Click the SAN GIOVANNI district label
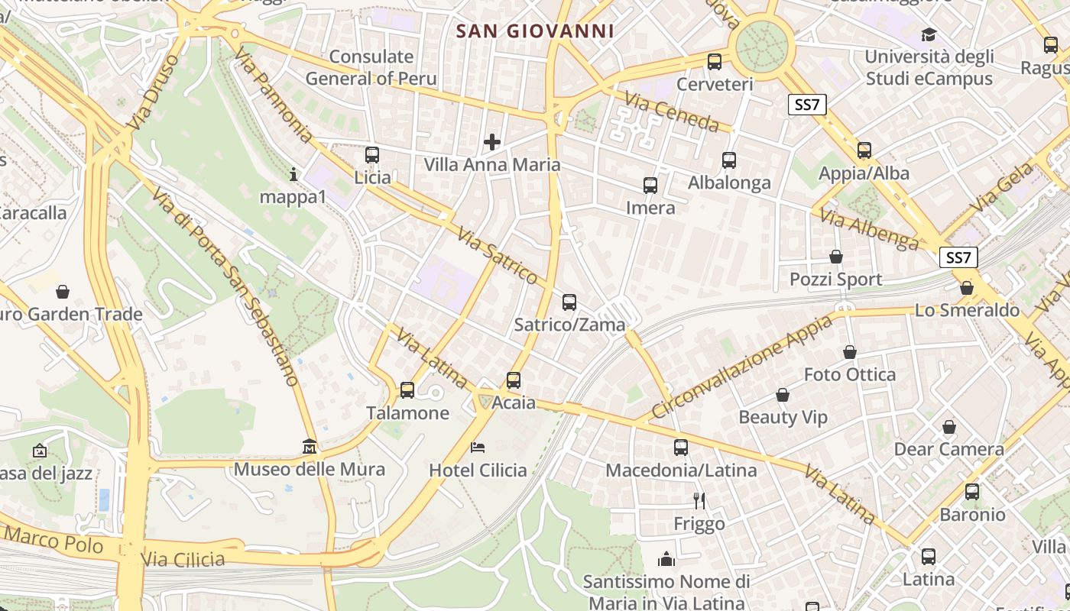coord(535,31)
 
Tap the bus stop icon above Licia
coord(372,155)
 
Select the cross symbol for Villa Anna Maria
coord(492,142)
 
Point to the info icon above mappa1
coord(293,175)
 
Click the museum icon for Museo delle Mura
coord(310,446)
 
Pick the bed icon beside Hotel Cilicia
coord(478,448)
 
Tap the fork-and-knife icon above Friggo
coord(699,501)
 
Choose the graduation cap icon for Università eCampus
coord(929,34)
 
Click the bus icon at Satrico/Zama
coord(569,302)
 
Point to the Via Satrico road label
coord(498,256)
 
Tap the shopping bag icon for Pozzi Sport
coord(836,257)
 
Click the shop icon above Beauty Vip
coord(783,396)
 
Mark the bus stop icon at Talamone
coord(407,390)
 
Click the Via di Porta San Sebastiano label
coord(225,286)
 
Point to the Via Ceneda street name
coord(672,112)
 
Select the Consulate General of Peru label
coord(371,67)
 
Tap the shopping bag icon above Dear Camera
coord(948,427)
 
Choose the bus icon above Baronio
coord(972,492)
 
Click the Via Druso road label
coord(153,93)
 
